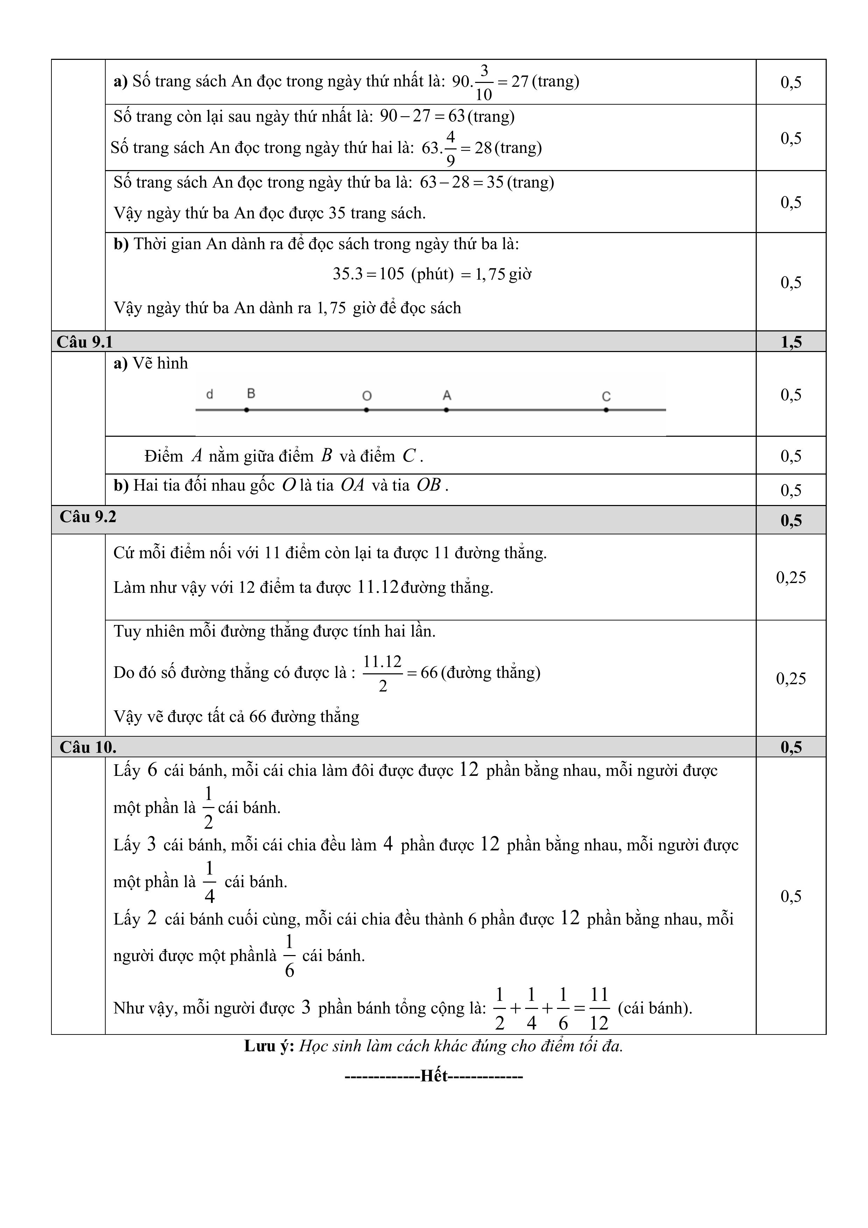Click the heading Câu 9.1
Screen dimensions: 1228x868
85,342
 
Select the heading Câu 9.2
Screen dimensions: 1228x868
88,517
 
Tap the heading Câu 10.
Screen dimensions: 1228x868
88,747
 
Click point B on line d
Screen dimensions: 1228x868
247,410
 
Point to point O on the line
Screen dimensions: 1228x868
366,410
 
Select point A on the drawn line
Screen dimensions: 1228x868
446,410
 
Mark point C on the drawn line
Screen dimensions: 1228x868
606,410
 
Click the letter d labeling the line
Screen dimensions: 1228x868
210,394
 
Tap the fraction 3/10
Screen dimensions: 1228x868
484,82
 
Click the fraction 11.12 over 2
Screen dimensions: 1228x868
382,673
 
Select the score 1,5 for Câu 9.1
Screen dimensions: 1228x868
791,342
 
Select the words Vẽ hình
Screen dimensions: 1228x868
161,364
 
